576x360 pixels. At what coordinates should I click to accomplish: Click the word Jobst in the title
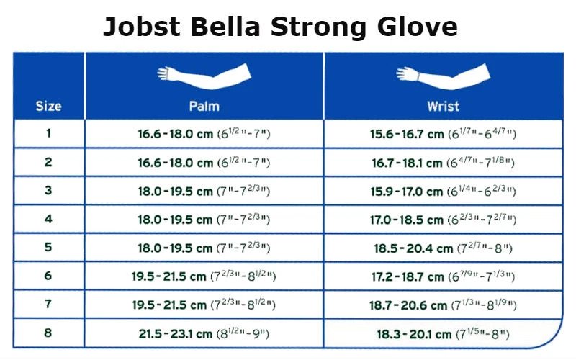pos(142,27)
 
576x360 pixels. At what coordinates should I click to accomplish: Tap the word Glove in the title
pos(418,27)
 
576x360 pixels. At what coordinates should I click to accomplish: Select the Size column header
pos(48,106)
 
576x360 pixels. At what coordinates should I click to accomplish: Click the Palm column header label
pos(204,106)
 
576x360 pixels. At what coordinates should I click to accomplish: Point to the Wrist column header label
pos(444,106)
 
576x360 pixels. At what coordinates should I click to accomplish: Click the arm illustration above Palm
pos(204,76)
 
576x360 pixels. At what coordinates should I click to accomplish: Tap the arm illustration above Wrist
pos(444,76)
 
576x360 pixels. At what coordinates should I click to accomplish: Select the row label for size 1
pos(48,133)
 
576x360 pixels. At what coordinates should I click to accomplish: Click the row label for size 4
pos(48,219)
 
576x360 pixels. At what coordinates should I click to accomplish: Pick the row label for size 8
pos(48,333)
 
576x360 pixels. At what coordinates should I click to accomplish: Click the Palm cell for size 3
pos(204,191)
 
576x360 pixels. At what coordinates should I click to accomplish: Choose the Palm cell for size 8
pos(204,333)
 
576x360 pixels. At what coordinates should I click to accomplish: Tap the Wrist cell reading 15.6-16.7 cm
pos(444,134)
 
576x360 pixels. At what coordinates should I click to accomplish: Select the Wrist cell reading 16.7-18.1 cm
pos(444,163)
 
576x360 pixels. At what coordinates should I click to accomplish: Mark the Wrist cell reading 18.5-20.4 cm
pos(444,248)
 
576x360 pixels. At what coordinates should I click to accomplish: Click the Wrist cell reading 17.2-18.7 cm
pos(444,276)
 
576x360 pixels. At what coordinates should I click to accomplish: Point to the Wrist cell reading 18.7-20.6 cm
pos(444,305)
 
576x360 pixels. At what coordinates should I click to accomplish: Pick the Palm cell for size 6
pos(204,276)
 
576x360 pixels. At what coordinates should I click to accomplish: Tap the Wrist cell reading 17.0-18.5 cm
pos(444,220)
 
